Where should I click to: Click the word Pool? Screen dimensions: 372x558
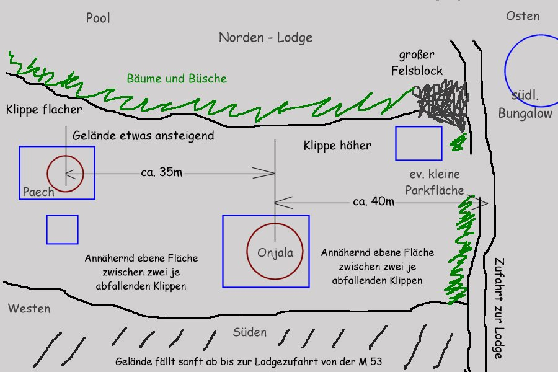pos(98,18)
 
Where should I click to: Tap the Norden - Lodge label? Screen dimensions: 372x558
pos(265,37)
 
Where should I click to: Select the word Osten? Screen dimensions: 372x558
pos(522,16)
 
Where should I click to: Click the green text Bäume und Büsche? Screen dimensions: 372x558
pos(177,79)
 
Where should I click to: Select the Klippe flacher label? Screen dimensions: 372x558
pos(44,110)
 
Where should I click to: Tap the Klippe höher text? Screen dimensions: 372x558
pos(337,146)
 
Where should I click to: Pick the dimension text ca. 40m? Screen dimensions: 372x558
pos(373,201)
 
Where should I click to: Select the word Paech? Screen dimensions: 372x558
pos(38,192)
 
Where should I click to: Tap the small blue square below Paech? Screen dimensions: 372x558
pos(62,229)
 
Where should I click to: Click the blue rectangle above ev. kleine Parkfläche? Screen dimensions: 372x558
pos(418,143)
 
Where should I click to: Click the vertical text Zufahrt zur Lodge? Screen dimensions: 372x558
pos(498,308)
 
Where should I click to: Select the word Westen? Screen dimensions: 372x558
pos(29,308)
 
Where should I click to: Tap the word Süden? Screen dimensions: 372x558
pos(250,332)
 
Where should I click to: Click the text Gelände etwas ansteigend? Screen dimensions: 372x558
pos(143,135)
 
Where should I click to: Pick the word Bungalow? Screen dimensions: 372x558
pos(525,113)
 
